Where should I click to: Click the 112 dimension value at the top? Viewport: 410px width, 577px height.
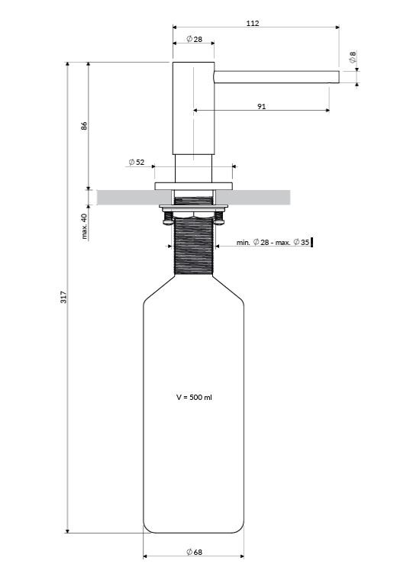[x=253, y=23]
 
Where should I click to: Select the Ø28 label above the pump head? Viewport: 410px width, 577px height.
[x=195, y=39]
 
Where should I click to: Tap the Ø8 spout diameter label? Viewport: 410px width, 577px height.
[x=353, y=56]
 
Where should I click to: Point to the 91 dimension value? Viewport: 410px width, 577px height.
[x=261, y=106]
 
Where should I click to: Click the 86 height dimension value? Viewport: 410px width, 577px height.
[x=84, y=125]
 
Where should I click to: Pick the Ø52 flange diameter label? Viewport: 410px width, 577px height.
[x=137, y=162]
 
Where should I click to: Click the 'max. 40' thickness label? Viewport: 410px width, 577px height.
[x=84, y=227]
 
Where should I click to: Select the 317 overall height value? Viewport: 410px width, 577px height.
[x=63, y=297]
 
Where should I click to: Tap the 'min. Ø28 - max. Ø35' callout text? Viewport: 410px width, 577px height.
[x=273, y=242]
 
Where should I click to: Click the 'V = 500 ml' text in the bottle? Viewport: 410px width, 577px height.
[x=194, y=397]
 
